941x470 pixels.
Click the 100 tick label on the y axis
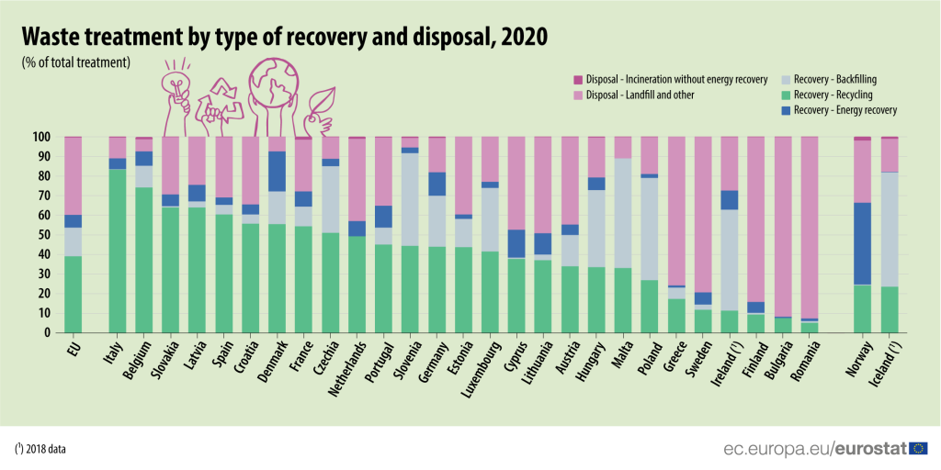40,137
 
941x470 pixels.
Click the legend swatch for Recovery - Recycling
786,95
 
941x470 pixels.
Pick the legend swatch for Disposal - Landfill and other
578,95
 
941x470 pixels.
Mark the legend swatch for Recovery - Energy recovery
786,110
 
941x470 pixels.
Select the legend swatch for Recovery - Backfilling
786,80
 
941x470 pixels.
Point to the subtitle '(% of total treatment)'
76,62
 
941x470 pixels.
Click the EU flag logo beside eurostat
918,448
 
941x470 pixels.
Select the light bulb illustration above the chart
176,84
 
